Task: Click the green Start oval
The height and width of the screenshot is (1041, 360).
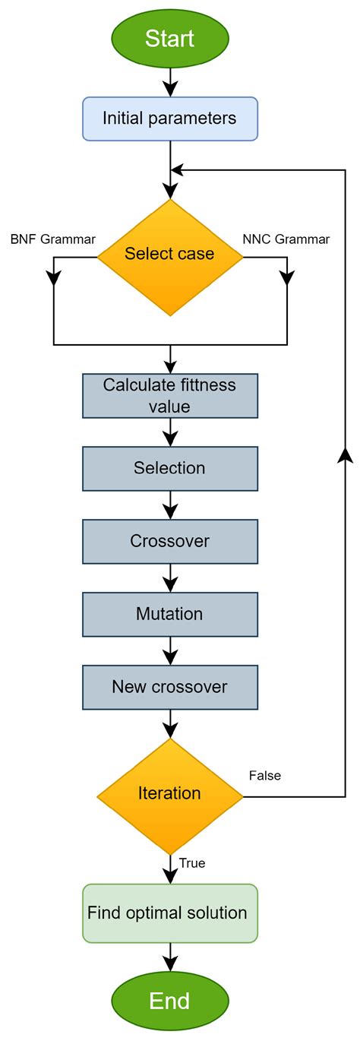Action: [170, 38]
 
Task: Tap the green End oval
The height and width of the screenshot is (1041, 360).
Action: [170, 1000]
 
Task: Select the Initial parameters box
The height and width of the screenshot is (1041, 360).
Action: [170, 119]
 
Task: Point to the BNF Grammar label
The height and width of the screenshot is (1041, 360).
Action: [53, 239]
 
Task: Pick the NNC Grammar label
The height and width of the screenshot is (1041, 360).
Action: [286, 239]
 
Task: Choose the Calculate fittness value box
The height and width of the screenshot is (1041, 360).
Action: [170, 395]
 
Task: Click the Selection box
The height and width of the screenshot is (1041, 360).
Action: [170, 468]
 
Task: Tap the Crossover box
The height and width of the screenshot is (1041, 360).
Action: [170, 541]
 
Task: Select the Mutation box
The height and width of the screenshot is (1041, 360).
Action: [170, 614]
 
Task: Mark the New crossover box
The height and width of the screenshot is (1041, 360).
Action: [170, 687]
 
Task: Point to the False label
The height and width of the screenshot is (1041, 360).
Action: [265, 776]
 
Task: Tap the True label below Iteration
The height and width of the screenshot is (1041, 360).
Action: [192, 863]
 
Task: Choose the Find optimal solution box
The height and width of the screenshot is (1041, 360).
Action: [170, 913]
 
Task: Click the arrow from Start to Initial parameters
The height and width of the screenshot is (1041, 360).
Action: [170, 80]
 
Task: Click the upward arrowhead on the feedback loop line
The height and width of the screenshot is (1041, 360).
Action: [346, 454]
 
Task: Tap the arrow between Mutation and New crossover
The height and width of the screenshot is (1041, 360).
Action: [170, 650]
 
